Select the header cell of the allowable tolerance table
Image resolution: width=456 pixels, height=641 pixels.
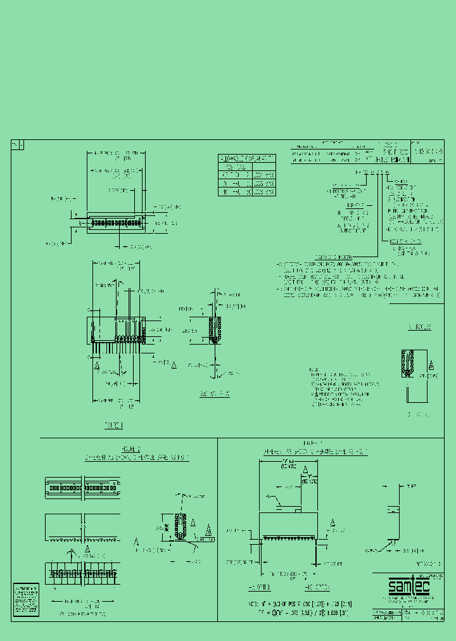point(247,158)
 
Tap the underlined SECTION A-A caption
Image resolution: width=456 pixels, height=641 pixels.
point(215,394)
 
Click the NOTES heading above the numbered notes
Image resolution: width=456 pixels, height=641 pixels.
point(313,369)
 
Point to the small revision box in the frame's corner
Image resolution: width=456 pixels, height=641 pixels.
point(18,145)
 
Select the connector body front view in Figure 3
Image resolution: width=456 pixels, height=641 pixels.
point(288,527)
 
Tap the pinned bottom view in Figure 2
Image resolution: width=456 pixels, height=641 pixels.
point(82,573)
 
